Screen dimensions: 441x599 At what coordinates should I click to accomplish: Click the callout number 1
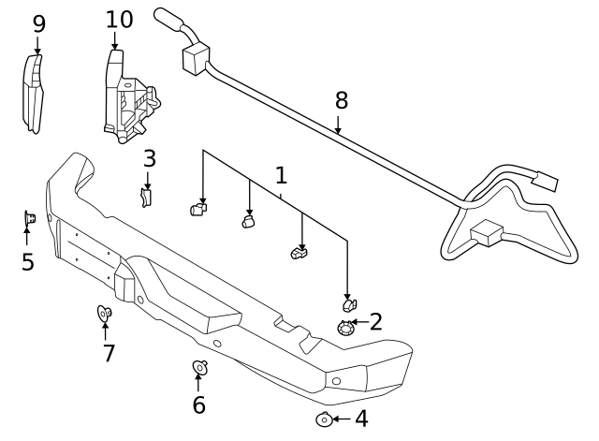click(281, 175)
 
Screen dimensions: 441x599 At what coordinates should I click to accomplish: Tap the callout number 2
click(375, 322)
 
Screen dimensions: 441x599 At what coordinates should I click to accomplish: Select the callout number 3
click(149, 158)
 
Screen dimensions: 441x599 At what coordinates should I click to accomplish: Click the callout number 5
click(27, 261)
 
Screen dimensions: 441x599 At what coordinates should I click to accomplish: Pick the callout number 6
click(198, 404)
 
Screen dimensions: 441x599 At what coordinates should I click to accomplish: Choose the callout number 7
click(109, 353)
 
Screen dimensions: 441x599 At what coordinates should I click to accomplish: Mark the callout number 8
click(341, 99)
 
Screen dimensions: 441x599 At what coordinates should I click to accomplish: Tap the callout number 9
click(38, 23)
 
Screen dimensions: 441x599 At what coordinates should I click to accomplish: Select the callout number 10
click(119, 19)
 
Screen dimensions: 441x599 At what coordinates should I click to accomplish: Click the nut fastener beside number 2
click(346, 327)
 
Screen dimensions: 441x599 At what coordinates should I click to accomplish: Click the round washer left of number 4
click(324, 419)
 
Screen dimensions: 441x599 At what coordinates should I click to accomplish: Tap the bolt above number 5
click(29, 219)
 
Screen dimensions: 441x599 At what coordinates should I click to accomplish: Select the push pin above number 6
click(198, 367)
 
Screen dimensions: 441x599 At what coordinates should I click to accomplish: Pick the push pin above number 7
click(105, 313)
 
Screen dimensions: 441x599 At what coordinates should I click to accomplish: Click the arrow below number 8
click(339, 125)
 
